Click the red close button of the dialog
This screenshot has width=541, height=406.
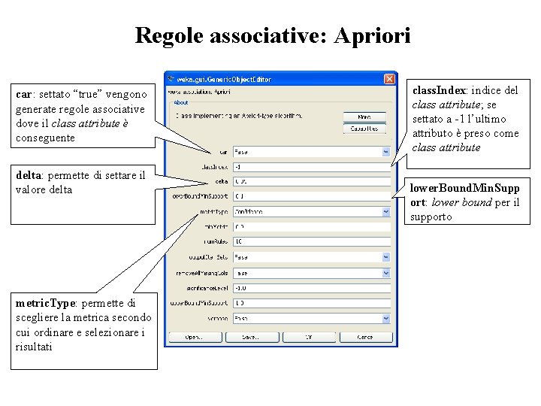389,78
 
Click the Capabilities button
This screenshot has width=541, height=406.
364,129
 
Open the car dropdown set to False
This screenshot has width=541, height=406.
311,152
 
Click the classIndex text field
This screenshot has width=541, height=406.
311,167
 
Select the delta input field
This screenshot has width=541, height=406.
311,181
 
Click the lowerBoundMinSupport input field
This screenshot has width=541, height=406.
311,196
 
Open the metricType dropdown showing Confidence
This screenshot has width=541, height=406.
311,211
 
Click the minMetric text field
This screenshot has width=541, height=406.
311,226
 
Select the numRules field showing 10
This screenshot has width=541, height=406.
311,241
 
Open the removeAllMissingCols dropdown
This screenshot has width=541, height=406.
311,272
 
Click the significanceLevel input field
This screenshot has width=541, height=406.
311,287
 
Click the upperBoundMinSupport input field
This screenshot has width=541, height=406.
311,302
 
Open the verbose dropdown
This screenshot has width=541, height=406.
311,317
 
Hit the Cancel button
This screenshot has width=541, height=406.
364,337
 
